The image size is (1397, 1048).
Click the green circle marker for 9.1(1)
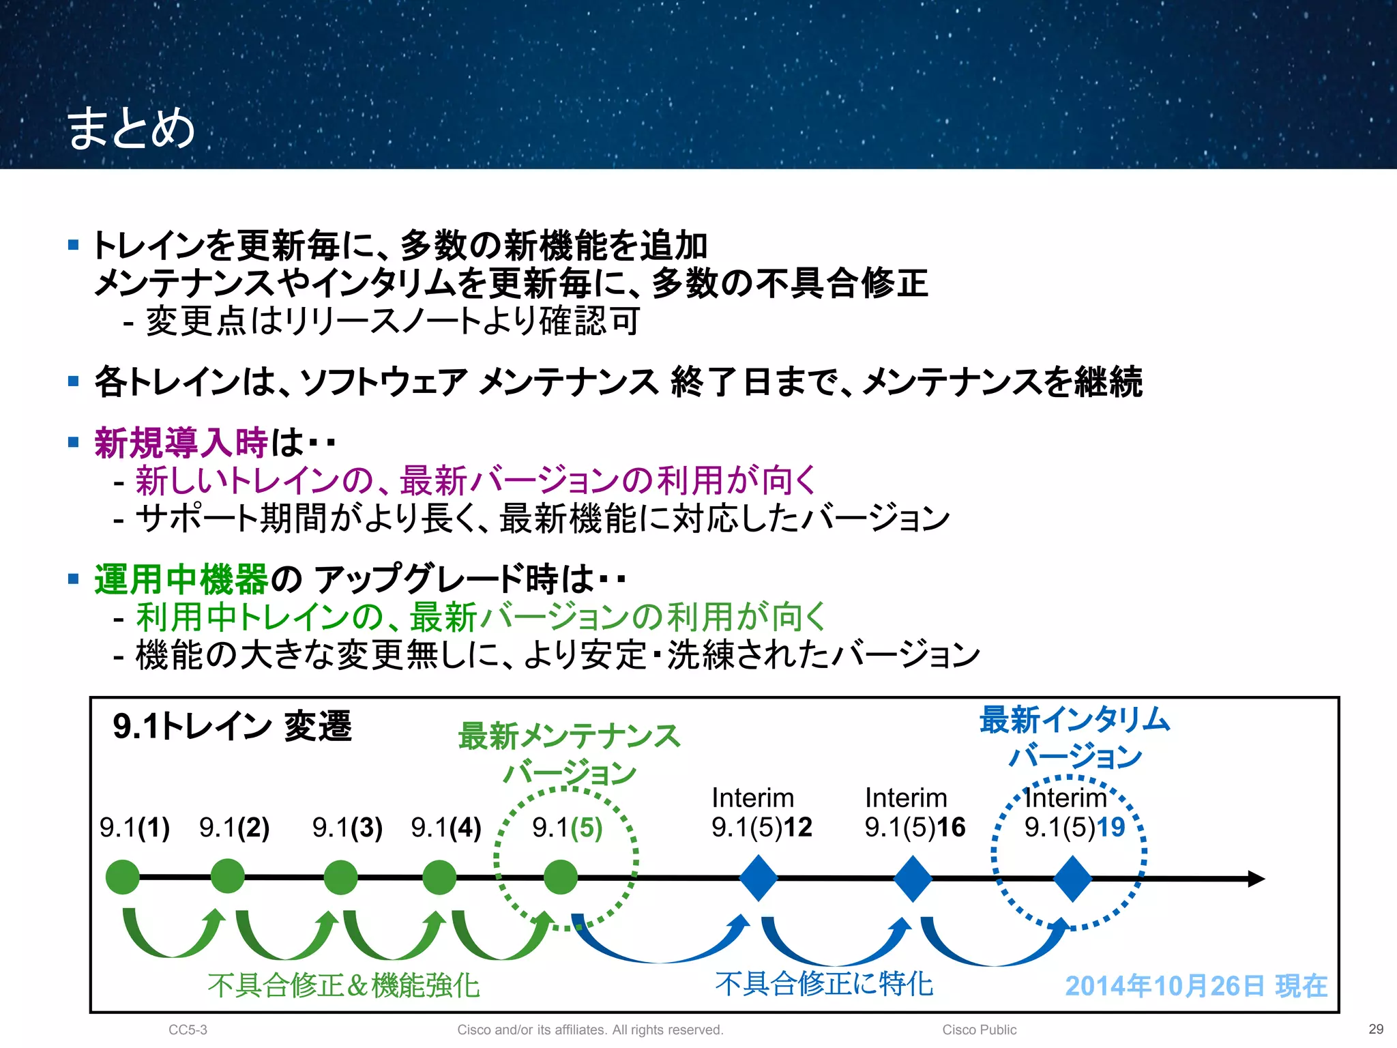click(123, 877)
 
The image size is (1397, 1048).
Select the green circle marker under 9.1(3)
click(340, 877)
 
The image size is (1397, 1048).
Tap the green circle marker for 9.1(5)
click(561, 877)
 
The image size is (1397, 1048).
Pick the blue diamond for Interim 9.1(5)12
click(759, 878)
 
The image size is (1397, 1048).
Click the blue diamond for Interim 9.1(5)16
click(913, 878)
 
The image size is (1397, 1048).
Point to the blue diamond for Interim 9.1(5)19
click(1072, 879)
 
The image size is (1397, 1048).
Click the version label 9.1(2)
click(234, 828)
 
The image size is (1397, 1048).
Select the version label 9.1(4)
click(446, 828)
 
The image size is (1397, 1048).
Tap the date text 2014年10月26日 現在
click(1196, 986)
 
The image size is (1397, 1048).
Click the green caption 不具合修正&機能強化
click(344, 985)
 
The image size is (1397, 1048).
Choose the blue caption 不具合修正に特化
click(824, 983)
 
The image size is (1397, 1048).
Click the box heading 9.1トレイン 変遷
click(232, 726)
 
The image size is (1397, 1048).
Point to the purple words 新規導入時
click(181, 443)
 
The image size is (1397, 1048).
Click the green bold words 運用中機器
click(181, 579)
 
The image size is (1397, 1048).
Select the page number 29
click(1376, 1029)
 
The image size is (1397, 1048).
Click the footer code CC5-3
click(188, 1030)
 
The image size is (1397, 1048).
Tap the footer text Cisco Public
click(979, 1030)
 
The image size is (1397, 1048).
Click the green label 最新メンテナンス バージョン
click(569, 753)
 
